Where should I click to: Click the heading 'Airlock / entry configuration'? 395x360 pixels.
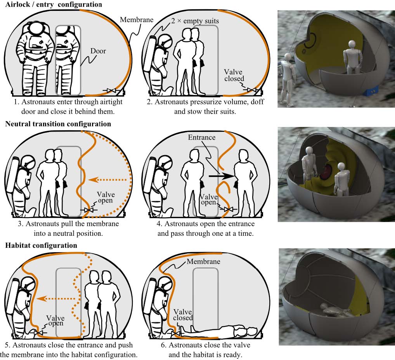tap(54, 5)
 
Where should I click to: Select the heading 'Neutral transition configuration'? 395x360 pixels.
tap(58, 124)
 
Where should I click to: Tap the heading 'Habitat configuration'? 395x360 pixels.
tap(41, 246)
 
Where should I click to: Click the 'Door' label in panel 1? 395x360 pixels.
tap(98, 51)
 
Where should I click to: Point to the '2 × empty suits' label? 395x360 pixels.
tap(195, 21)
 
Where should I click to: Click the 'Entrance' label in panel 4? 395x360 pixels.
tap(202, 137)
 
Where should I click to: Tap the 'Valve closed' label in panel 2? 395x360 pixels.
tap(234, 75)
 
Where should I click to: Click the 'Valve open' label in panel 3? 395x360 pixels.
tap(106, 197)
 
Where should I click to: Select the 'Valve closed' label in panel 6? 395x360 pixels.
tap(183, 315)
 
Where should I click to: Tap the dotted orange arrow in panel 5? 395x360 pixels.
tap(56, 299)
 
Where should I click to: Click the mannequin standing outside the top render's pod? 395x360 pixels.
tap(288, 79)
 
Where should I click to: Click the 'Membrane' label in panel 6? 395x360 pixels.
tap(203, 261)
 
